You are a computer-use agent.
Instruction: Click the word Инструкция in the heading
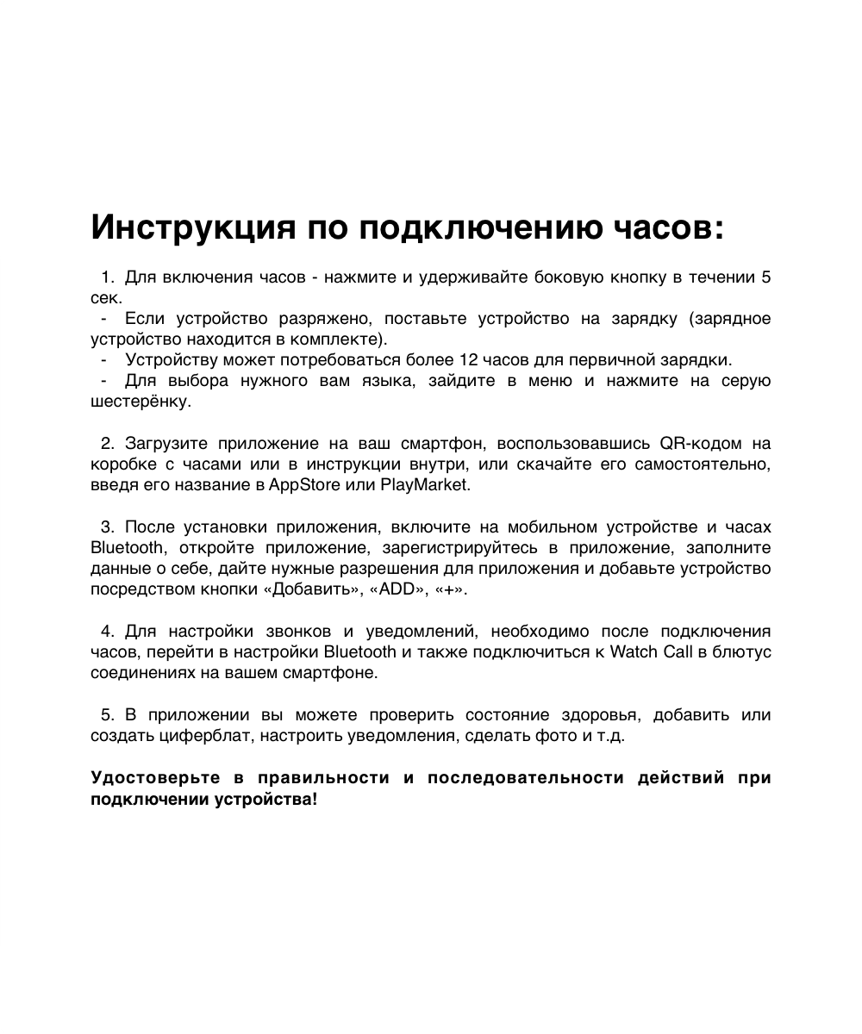click(x=192, y=228)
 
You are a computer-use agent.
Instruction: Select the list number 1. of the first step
click(x=107, y=277)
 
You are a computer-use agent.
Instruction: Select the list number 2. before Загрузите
click(x=107, y=444)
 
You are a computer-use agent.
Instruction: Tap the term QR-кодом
click(x=696, y=444)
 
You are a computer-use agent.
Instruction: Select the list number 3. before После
click(x=107, y=527)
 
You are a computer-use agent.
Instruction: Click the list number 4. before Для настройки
click(x=107, y=632)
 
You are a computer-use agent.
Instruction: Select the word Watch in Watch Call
click(x=633, y=652)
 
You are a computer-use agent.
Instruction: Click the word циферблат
click(x=197, y=736)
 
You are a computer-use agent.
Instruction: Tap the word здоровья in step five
click(x=600, y=715)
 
